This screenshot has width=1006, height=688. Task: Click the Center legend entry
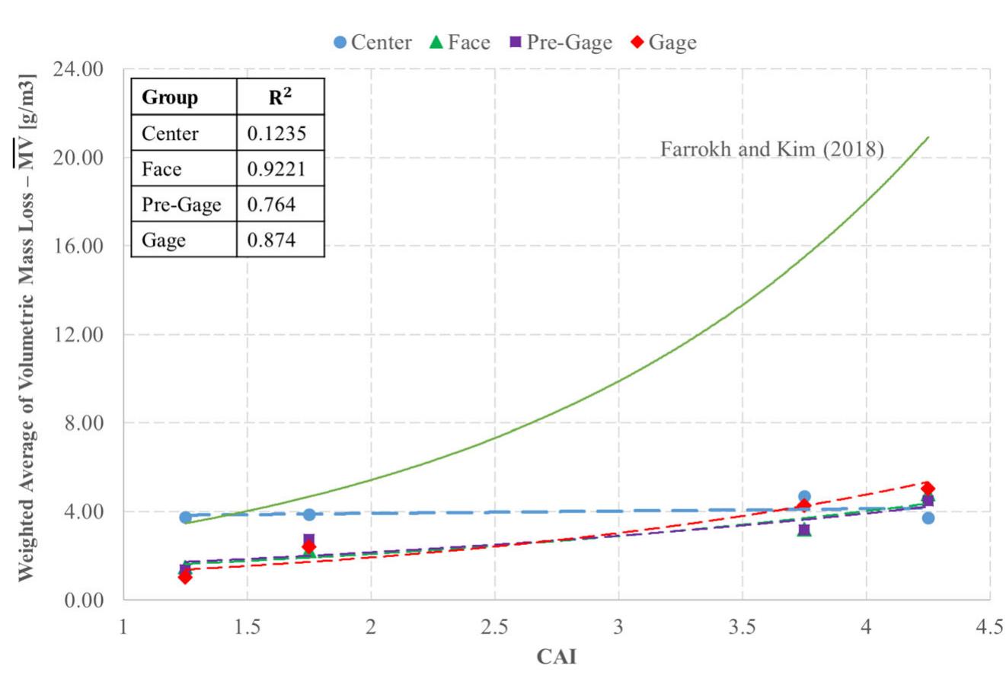pyautogui.click(x=373, y=43)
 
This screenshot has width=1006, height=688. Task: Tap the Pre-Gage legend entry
pyautogui.click(x=560, y=43)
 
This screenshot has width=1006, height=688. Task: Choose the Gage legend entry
pyautogui.click(x=663, y=43)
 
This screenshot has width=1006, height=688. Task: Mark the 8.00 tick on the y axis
pyautogui.click(x=84, y=423)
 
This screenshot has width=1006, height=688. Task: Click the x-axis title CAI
pyautogui.click(x=557, y=656)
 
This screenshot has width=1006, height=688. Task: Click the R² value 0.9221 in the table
pyautogui.click(x=276, y=169)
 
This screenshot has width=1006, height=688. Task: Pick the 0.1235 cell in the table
pyautogui.click(x=276, y=134)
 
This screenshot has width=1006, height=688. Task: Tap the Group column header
pyautogui.click(x=170, y=98)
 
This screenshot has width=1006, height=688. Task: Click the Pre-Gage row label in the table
pyautogui.click(x=181, y=205)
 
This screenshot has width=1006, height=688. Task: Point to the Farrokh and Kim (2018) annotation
pyautogui.click(x=771, y=149)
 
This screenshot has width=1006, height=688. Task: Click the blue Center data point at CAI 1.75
pyautogui.click(x=309, y=514)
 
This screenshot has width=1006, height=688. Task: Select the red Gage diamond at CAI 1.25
pyautogui.click(x=185, y=577)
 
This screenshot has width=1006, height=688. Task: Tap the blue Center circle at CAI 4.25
pyautogui.click(x=928, y=518)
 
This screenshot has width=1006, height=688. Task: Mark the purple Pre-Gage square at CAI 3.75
pyautogui.click(x=804, y=529)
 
